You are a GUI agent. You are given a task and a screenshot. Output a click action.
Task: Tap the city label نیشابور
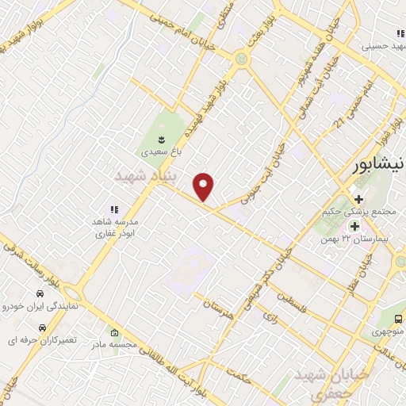377,167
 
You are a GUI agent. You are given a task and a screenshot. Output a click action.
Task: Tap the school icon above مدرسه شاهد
114,210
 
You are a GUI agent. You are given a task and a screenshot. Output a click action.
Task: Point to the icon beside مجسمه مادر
116,333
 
